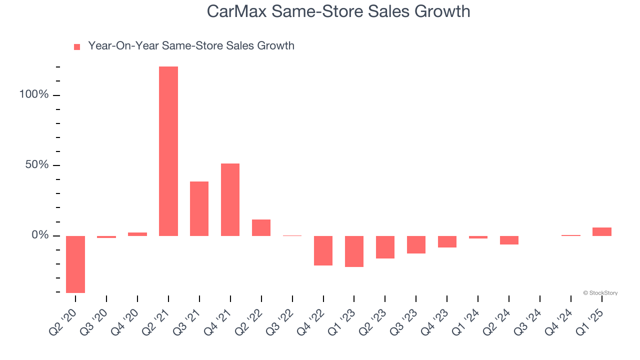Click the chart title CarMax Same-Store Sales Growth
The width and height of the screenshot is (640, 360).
[338, 11]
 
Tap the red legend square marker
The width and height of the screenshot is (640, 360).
[77, 47]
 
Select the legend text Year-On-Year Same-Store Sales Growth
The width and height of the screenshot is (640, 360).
[191, 46]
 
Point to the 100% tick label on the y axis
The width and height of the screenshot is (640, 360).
[33, 94]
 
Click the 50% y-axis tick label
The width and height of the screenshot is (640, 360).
[36, 165]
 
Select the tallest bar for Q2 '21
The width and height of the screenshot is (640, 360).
[168, 151]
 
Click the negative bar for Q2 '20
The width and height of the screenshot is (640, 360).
[75, 264]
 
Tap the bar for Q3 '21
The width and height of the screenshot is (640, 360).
[199, 208]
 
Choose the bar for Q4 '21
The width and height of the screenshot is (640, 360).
[230, 199]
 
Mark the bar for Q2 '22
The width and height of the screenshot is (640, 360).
[261, 227]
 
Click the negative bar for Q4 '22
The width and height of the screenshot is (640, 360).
[323, 250]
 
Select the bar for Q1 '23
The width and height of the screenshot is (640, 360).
[354, 251]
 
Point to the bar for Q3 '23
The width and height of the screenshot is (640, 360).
[416, 244]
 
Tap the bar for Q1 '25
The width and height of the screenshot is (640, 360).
[601, 231]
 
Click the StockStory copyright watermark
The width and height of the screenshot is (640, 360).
[600, 293]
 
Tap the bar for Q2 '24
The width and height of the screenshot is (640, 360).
[509, 240]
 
